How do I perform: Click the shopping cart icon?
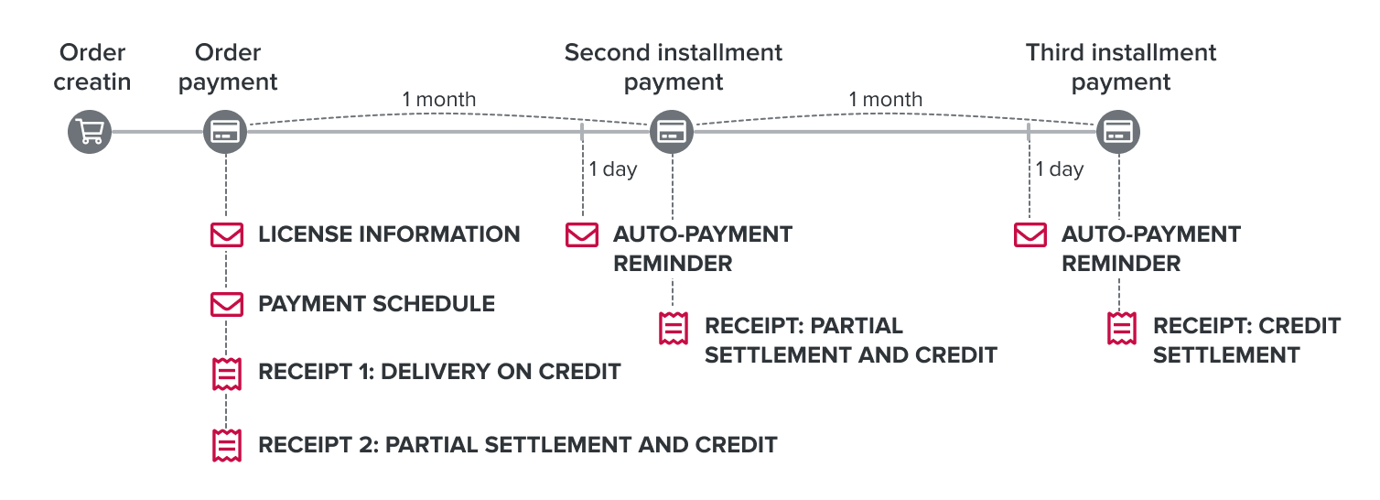90,133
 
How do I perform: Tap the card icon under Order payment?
225,133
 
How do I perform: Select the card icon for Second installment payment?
673,133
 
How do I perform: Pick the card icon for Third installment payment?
1118,133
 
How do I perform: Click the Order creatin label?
92,67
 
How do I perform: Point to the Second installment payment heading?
674,67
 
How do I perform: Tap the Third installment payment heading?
1121,67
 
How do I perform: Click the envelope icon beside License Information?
226,234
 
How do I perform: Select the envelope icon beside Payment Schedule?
226,304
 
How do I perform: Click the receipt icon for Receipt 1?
226,374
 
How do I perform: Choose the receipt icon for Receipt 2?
226,444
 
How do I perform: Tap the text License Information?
389,234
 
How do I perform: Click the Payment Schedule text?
376,304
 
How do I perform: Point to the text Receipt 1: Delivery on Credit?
439,372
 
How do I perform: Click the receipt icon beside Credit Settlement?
1122,328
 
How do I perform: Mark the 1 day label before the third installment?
1059,169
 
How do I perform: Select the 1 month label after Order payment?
439,99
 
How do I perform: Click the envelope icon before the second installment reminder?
581,234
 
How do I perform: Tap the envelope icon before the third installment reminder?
1030,234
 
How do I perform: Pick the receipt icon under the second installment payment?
674,328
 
